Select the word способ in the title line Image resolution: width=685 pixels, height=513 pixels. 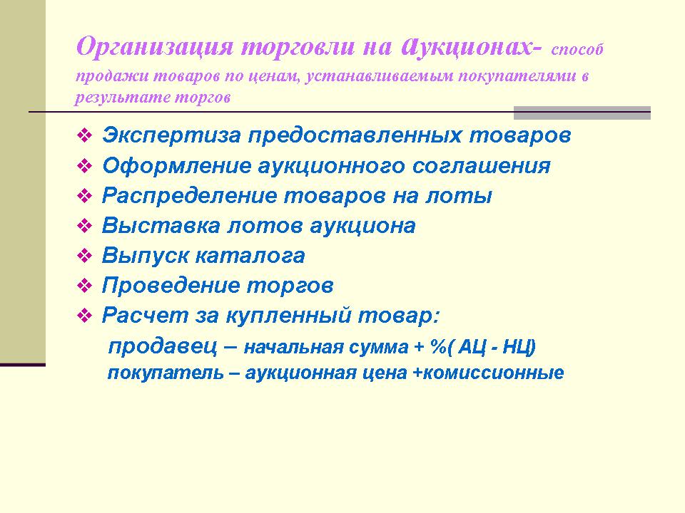577,49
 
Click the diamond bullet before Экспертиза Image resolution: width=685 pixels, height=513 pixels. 84,135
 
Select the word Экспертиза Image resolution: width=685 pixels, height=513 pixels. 171,135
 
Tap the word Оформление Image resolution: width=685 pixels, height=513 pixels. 176,166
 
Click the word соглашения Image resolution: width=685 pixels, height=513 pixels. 481,166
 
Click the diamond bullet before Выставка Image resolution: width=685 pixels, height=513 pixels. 84,226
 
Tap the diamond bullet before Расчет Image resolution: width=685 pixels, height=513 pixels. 84,316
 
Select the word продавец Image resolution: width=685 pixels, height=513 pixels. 163,346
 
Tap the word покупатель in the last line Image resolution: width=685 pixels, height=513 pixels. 165,373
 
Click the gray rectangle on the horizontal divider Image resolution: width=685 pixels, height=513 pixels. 582,113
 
